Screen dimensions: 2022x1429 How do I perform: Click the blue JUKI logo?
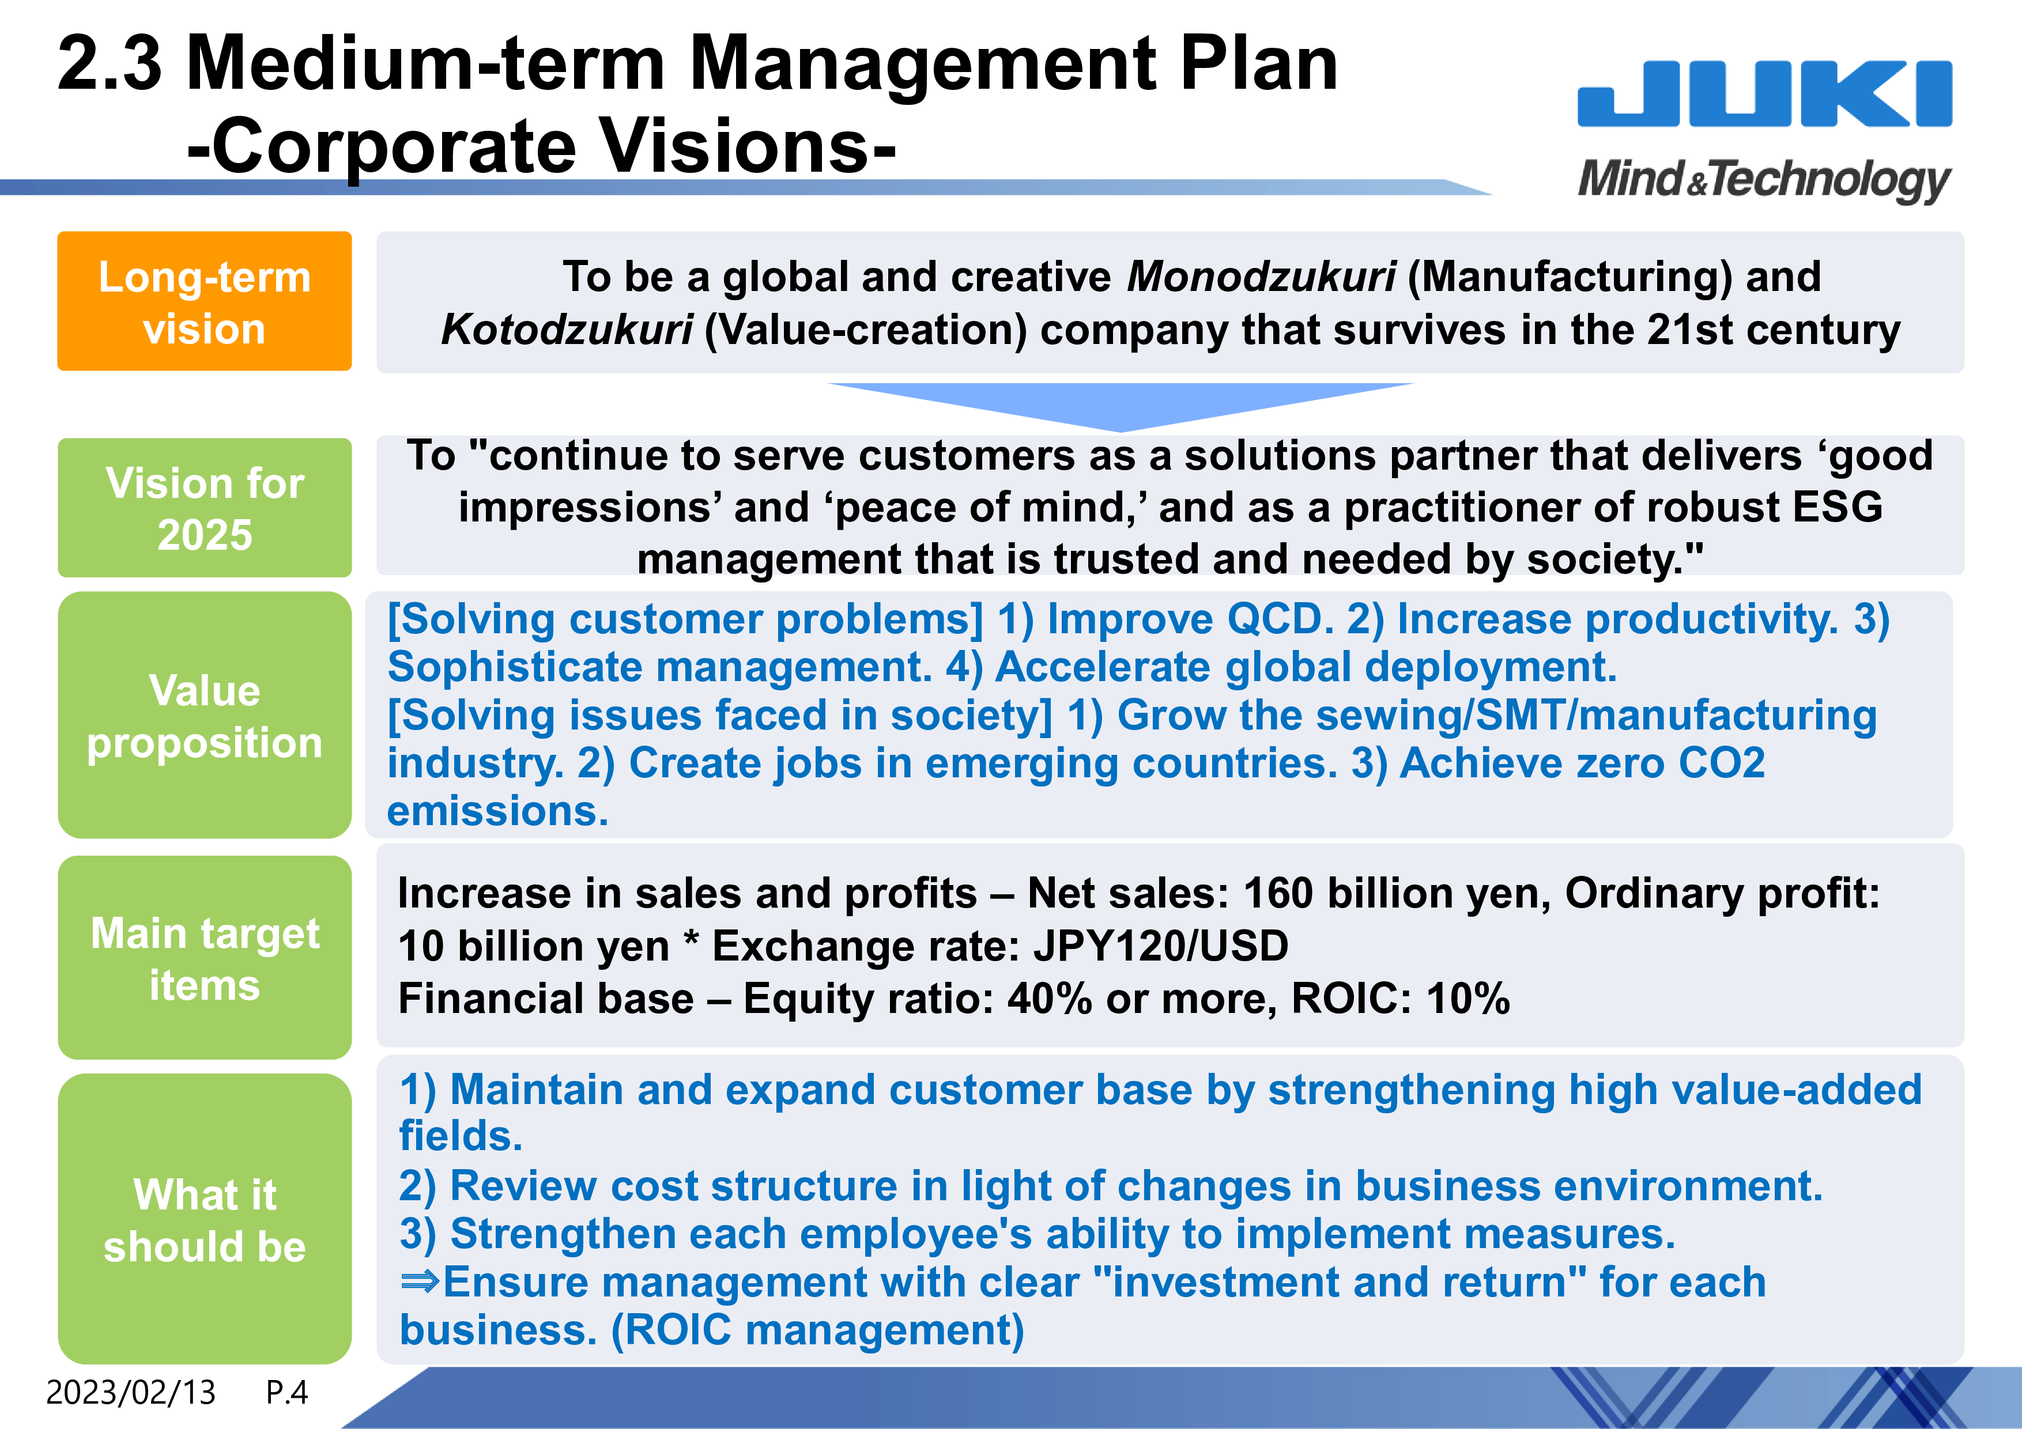(x=1764, y=93)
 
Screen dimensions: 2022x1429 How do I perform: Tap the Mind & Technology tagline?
(x=1764, y=180)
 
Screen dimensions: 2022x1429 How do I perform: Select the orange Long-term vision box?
(x=204, y=301)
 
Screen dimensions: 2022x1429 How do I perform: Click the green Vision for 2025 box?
(x=204, y=508)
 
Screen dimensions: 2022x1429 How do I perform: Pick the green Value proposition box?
(x=204, y=715)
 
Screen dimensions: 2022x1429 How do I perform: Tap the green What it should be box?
(x=204, y=1219)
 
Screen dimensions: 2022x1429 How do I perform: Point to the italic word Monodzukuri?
(x=1261, y=277)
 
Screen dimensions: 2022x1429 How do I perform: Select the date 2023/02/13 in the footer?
(x=130, y=1393)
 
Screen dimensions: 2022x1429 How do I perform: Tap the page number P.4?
(x=287, y=1393)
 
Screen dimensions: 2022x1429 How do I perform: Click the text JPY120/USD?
(x=1161, y=947)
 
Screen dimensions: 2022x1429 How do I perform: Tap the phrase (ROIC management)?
(x=818, y=1330)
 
